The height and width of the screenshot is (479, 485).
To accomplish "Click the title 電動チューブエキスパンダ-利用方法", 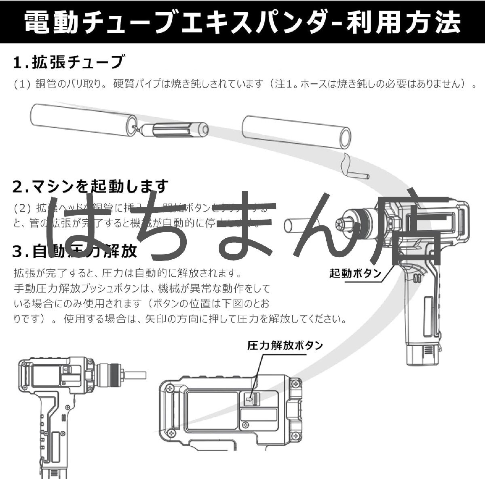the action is pos(242,22).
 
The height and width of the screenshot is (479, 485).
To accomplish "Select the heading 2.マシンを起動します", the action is pos(90,187).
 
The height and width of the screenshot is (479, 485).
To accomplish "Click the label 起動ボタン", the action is pos(355,273).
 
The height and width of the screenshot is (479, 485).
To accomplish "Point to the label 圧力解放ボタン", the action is pos(285,345).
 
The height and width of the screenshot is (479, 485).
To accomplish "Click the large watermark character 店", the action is pos(412,231).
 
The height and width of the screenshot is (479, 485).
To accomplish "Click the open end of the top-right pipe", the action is pos(345,138).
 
